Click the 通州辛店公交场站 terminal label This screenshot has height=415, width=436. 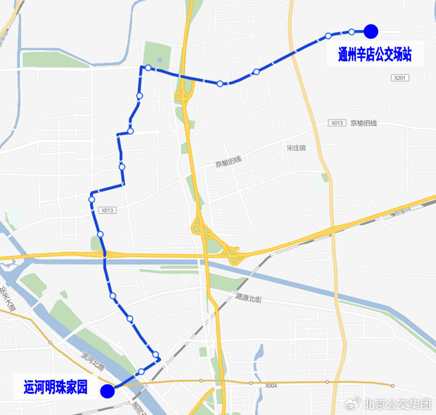[x=374, y=55]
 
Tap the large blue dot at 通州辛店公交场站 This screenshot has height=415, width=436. [x=371, y=31]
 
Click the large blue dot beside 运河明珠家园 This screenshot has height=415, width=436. [x=107, y=391]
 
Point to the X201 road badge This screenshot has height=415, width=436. [x=400, y=78]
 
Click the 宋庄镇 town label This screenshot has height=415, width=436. [x=296, y=148]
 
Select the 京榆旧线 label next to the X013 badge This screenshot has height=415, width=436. [x=363, y=123]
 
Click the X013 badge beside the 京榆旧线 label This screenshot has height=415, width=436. [x=336, y=123]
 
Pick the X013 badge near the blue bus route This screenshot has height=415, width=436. [x=107, y=210]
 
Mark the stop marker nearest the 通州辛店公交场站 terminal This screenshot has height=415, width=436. [x=351, y=32]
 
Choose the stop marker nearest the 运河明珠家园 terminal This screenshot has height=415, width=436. [x=141, y=372]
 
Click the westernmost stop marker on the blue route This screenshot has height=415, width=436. [x=91, y=199]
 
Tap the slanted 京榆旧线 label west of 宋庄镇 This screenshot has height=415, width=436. [x=228, y=162]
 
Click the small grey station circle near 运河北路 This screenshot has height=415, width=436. [x=51, y=343]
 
